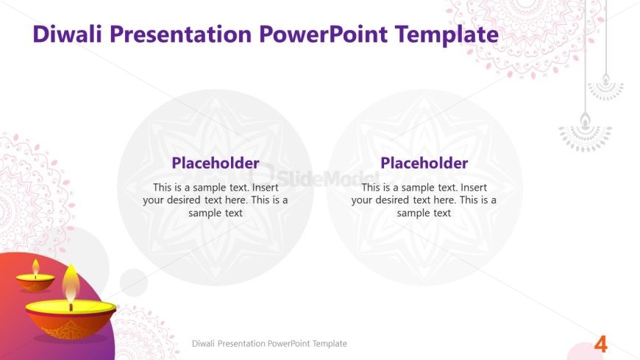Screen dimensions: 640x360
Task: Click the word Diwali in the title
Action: (x=67, y=34)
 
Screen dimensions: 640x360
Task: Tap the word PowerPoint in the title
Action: (x=323, y=34)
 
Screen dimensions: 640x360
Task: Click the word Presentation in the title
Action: (x=180, y=34)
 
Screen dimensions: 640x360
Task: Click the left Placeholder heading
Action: (x=216, y=163)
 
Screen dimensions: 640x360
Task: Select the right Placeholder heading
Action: (x=424, y=163)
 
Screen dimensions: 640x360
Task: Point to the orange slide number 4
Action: (x=600, y=345)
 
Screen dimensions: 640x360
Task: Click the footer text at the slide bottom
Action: (x=269, y=344)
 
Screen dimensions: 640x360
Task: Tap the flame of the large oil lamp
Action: (x=71, y=284)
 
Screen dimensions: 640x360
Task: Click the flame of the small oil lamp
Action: (x=35, y=267)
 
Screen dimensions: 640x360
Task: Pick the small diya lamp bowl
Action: (x=35, y=283)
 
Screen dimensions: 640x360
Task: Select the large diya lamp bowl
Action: (x=71, y=320)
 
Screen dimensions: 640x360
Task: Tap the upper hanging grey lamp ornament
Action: (x=605, y=87)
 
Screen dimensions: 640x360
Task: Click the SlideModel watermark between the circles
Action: (x=314, y=178)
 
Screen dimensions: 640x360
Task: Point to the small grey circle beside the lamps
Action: (x=134, y=283)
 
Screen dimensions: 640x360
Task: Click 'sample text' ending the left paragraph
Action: (x=216, y=213)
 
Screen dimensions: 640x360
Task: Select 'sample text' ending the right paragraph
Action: (x=424, y=213)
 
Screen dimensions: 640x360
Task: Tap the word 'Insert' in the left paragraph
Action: (x=266, y=188)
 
